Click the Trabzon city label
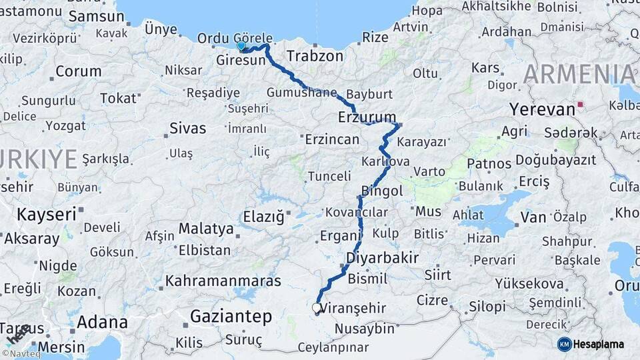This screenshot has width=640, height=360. pyautogui.click(x=315, y=56)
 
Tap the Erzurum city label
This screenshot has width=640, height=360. pyautogui.click(x=367, y=118)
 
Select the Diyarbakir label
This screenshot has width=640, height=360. pyautogui.click(x=382, y=257)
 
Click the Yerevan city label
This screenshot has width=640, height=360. pyautogui.click(x=542, y=109)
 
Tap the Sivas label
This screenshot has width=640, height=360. pyautogui.click(x=187, y=128)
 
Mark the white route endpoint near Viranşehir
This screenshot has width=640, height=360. pyautogui.click(x=317, y=308)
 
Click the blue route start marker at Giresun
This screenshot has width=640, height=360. pyautogui.click(x=241, y=46)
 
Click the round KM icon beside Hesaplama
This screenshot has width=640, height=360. pyautogui.click(x=564, y=344)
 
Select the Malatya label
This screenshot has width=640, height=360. pyautogui.click(x=206, y=229)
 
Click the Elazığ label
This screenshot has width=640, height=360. pyautogui.click(x=263, y=217)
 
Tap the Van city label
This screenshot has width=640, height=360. pyautogui.click(x=533, y=217)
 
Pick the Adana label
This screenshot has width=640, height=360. pyautogui.click(x=102, y=322)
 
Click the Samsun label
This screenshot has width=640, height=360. pyautogui.click(x=96, y=17)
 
